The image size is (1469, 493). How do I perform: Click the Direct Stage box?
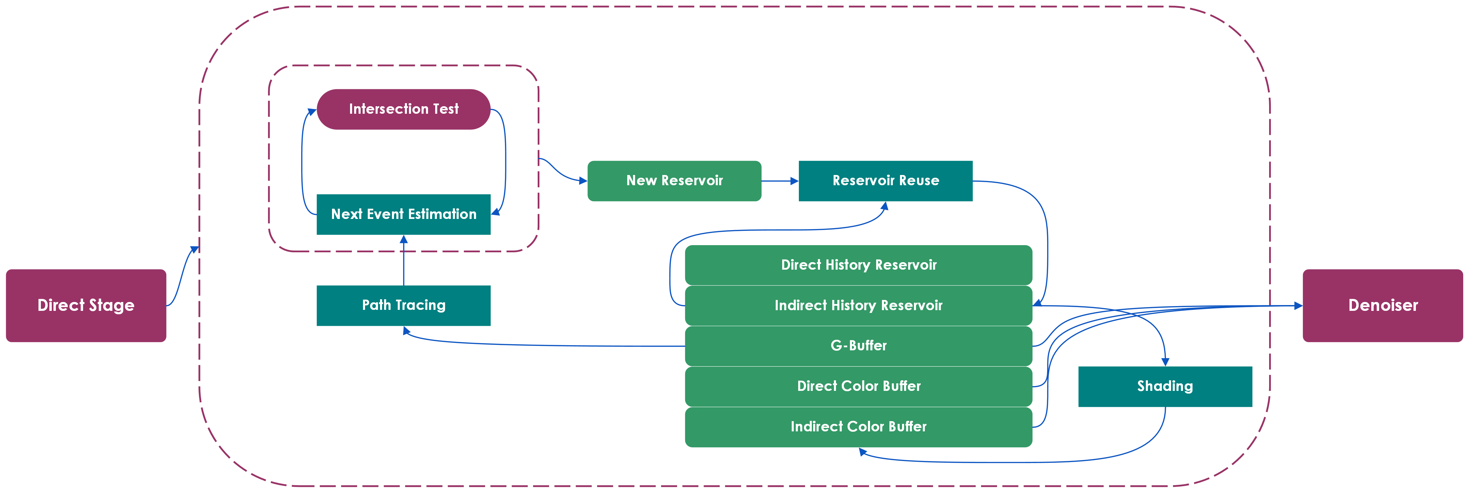86,305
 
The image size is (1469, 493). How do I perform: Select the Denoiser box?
1383,305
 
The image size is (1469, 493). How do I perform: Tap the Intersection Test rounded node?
404,109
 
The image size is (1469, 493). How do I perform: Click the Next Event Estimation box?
404,214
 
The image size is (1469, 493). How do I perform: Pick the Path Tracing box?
404,305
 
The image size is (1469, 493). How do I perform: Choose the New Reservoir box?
675,181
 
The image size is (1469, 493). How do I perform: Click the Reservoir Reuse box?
886,181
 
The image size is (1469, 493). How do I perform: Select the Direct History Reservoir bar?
859,265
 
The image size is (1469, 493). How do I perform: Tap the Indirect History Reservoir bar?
859,305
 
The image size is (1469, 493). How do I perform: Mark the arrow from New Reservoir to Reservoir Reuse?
780,181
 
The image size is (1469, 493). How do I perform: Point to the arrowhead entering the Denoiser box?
1298,305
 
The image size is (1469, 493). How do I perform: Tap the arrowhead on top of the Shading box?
1165,362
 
